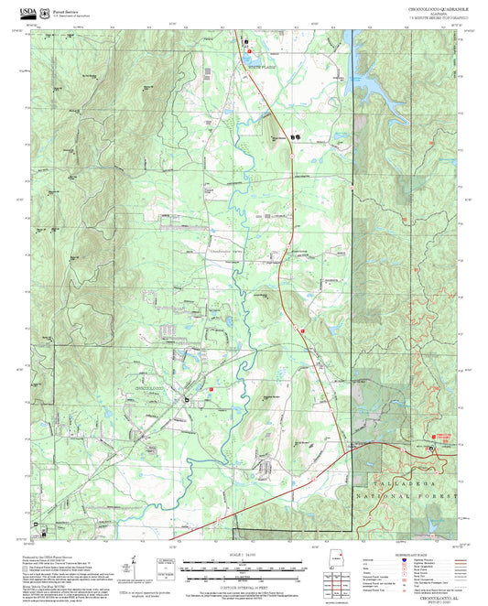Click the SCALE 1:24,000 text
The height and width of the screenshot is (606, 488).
pos(243,553)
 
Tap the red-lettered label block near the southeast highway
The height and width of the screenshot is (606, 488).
pos(443,438)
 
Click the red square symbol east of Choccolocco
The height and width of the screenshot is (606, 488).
pos(211,389)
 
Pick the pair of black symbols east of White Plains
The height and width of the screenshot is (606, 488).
pos(295,136)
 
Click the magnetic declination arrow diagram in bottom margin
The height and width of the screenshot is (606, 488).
pos(135,568)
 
